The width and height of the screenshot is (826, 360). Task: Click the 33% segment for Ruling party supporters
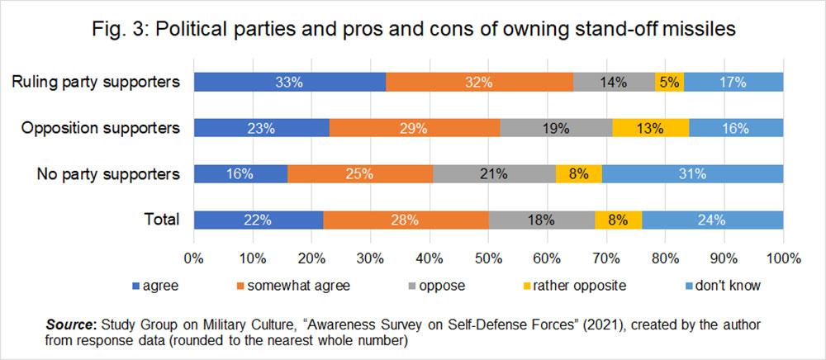coord(289,82)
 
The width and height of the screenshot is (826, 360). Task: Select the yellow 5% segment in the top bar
coord(670,82)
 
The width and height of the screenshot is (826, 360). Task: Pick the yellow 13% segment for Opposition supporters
coord(650,128)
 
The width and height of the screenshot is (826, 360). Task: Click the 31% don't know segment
coord(692,173)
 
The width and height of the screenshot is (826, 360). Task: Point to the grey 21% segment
coord(494,173)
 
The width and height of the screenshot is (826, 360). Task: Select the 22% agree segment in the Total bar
coord(258,220)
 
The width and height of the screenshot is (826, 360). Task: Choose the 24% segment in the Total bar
coord(712,220)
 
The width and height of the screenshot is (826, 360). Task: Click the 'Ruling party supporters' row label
coord(97,82)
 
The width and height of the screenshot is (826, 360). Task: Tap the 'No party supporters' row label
coord(108,173)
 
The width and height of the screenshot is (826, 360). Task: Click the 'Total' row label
coord(163,220)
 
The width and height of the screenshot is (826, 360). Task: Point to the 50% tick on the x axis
coord(488,258)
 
